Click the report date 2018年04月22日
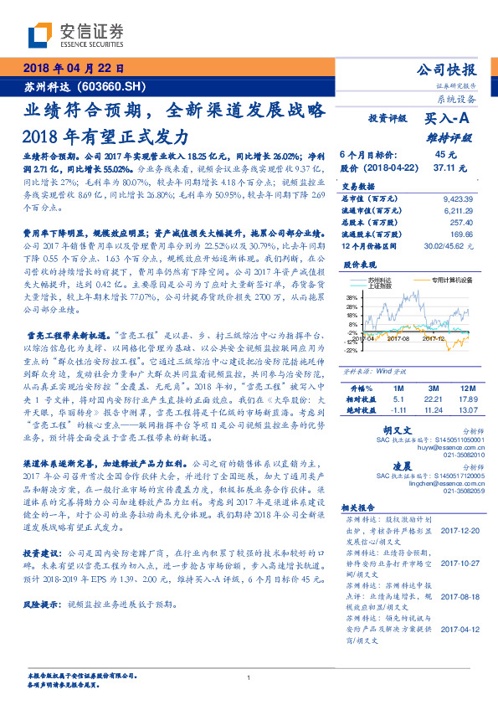pyautogui.click(x=74, y=69)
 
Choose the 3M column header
pyautogui.click(x=432, y=389)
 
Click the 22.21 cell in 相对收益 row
pyautogui.click(x=432, y=399)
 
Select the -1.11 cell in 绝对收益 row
pyautogui.click(x=398, y=410)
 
